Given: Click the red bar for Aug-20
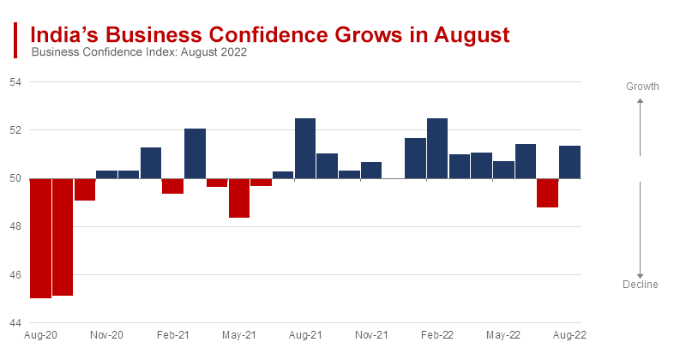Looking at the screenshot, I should (x=40, y=238).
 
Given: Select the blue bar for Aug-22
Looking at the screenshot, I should (x=569, y=162).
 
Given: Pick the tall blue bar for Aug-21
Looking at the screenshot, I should (x=305, y=148).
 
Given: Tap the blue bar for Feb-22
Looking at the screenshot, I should (x=437, y=148).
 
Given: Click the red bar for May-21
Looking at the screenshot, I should (x=239, y=198).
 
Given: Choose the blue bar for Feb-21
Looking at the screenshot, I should (x=195, y=153).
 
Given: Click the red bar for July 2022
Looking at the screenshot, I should (x=547, y=193).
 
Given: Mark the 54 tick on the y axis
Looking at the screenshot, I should (x=15, y=82).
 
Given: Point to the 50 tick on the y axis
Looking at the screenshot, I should (x=15, y=178).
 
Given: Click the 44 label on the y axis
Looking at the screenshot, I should (x=15, y=323).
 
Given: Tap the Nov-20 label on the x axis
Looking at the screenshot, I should (x=106, y=335).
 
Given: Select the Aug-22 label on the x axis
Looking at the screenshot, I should (x=569, y=335).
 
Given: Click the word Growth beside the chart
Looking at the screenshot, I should (x=641, y=87).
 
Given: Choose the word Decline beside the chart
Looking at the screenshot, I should (x=641, y=285).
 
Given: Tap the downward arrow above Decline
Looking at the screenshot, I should (x=641, y=231).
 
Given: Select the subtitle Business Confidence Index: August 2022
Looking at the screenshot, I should (x=139, y=52).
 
